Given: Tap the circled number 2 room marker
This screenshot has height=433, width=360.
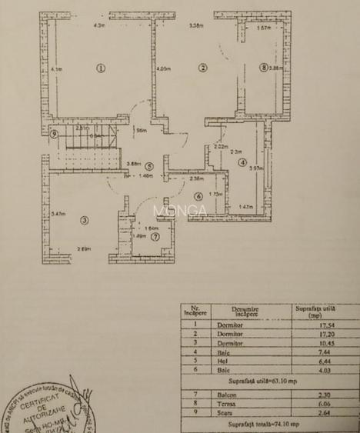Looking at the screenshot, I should pyautogui.click(x=202, y=67).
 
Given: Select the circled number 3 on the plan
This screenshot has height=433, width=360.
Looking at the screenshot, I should pyautogui.click(x=84, y=221).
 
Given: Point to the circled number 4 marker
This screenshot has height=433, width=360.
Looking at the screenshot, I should pyautogui.click(x=242, y=162).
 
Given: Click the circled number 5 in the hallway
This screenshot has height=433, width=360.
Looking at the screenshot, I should pyautogui.click(x=150, y=165).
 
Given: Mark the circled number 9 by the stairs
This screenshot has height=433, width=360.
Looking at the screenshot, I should pyautogui.click(x=53, y=135).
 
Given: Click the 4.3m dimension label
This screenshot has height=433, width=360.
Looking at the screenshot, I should pyautogui.click(x=98, y=25).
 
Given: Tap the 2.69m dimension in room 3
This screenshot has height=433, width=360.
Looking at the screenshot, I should pyautogui.click(x=85, y=248).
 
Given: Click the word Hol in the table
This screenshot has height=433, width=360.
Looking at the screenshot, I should pyautogui.click(x=244, y=361).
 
